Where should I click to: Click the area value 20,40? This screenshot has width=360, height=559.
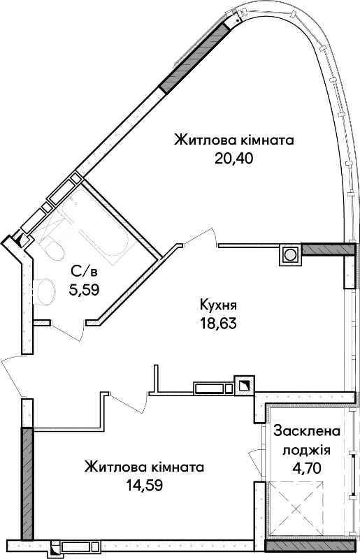coord(233,158)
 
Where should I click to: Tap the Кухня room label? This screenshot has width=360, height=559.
coord(218,305)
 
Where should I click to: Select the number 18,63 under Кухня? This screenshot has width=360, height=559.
coord(218,324)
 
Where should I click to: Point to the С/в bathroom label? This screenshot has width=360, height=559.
coord(84,272)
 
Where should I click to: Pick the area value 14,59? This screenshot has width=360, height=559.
coord(145,485)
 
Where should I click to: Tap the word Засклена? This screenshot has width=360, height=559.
coord(307,431)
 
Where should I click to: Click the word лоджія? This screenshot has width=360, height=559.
coord(307,450)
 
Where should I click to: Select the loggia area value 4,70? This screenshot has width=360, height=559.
coord(307,467)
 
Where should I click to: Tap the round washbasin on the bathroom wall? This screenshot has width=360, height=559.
coord(44,291)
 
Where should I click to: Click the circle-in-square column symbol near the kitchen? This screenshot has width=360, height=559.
coord(290,254)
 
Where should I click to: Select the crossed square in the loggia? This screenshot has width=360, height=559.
coord(296,508)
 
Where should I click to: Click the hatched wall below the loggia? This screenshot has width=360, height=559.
coord(311,546)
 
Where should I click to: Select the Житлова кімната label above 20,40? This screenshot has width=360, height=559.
coord(234,140)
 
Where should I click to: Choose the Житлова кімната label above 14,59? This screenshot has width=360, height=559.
coord(145,467)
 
